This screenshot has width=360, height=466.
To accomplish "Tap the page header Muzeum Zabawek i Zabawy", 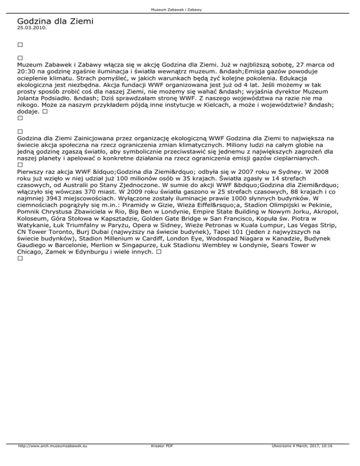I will (x=180, y=9).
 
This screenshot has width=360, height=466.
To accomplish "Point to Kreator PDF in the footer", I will (x=157, y=460).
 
